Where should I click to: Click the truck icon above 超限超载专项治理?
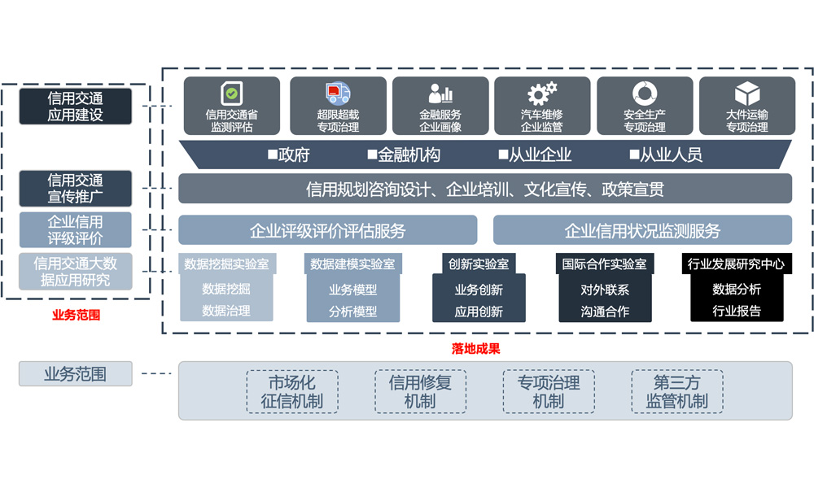pyautogui.click(x=338, y=94)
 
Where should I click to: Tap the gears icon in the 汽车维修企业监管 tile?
pyautogui.click(x=541, y=93)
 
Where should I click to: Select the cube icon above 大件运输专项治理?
pyautogui.click(x=746, y=93)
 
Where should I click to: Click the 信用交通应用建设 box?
pyautogui.click(x=75, y=107)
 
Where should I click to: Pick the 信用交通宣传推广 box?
pyautogui.click(x=75, y=189)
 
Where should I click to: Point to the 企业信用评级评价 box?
pyautogui.click(x=75, y=229)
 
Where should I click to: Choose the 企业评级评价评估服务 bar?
pyautogui.click(x=327, y=231)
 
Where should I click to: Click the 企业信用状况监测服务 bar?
pyautogui.click(x=642, y=231)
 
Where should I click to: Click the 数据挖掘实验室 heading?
pyautogui.click(x=226, y=264)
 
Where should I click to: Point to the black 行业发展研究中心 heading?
pyautogui.click(x=737, y=264)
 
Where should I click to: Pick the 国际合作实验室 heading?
pyautogui.click(x=605, y=264)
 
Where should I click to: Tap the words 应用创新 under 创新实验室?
pyautogui.click(x=479, y=312)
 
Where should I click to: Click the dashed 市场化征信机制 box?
pyautogui.click(x=291, y=391)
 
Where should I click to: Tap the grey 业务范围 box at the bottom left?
pyautogui.click(x=75, y=374)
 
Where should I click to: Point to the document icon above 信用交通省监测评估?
pyautogui.click(x=232, y=94)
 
